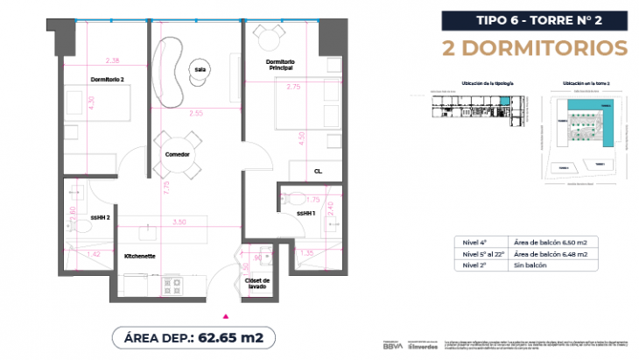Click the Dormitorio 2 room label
tap(108, 80)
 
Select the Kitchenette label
tap(141, 257)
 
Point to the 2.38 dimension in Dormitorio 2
tap(111, 60)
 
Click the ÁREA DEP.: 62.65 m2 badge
tap(188, 336)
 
